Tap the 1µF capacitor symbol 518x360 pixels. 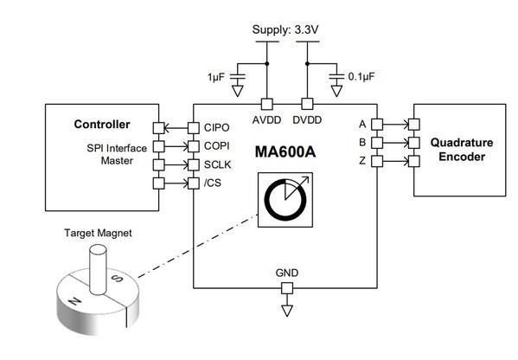pos(241,79)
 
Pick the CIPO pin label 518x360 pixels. pos(217,126)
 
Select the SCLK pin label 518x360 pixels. pos(218,164)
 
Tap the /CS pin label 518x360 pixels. pos(214,182)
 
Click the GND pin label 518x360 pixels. pos(287,273)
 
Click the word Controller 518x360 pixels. pos(103,124)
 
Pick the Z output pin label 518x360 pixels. pos(362,162)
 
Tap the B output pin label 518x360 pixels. pos(362,143)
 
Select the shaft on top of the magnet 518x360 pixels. pos(96,264)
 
